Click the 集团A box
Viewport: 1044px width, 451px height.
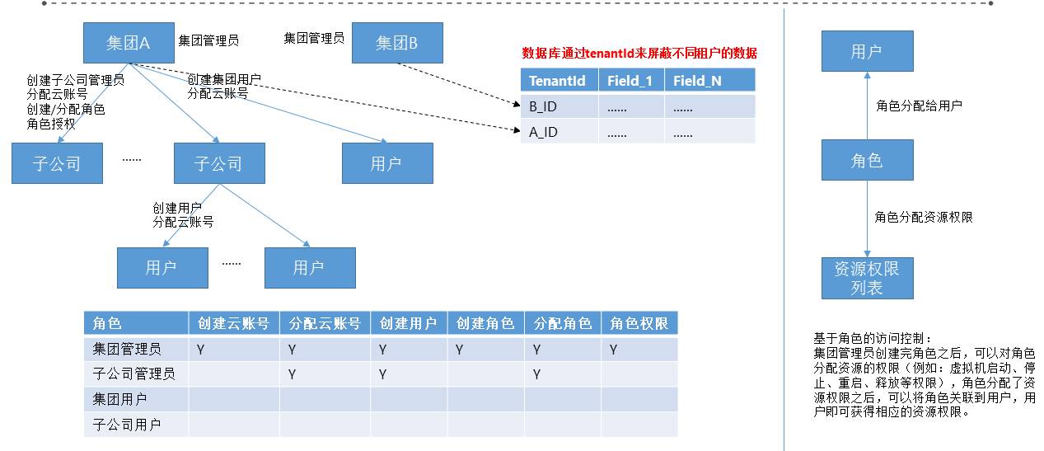click(x=128, y=44)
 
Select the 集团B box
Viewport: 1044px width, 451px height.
click(x=397, y=44)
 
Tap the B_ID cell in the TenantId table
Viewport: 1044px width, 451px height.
click(x=543, y=106)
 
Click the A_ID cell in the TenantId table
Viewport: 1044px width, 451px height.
click(x=543, y=132)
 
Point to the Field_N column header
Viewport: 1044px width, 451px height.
click(x=697, y=81)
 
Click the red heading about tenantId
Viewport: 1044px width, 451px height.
click(x=639, y=53)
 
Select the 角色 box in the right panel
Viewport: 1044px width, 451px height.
click(x=867, y=160)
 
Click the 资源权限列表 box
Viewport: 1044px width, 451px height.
click(x=867, y=278)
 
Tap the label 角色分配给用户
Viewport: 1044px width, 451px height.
click(x=918, y=106)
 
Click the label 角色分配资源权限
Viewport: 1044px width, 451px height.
click(x=923, y=217)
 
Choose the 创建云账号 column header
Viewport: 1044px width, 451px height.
click(x=233, y=323)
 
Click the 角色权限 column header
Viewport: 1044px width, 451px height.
click(x=639, y=323)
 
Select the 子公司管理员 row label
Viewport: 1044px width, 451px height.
click(x=133, y=374)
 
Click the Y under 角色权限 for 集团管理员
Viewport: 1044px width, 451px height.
click(x=613, y=350)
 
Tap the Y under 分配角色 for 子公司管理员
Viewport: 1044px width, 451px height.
click(x=536, y=374)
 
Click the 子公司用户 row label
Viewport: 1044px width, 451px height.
click(x=127, y=425)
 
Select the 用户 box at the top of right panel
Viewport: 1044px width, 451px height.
click(x=867, y=51)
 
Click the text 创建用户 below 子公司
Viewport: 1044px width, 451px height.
click(x=176, y=208)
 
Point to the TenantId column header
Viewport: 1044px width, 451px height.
click(x=557, y=81)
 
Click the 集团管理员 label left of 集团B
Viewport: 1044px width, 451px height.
click(x=314, y=38)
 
